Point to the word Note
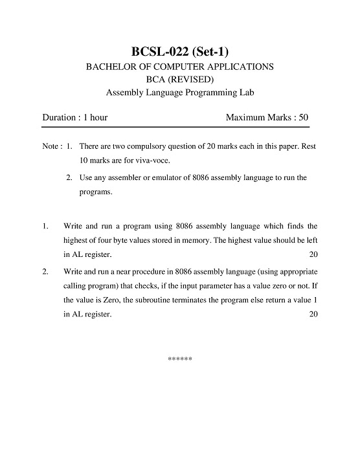51,147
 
